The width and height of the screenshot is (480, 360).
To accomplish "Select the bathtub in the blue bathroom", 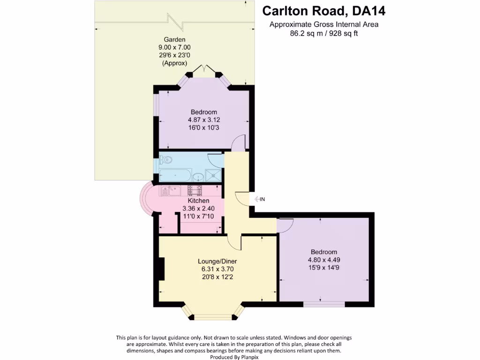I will pyautogui.click(x=175, y=176).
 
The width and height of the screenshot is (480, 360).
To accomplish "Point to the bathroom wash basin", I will pyautogui.click(x=198, y=177).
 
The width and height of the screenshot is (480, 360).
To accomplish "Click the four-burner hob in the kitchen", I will pyautogui.click(x=195, y=190).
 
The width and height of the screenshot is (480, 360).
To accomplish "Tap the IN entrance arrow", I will pyautogui.click(x=259, y=199).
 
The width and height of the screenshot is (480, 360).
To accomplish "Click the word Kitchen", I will pyautogui.click(x=198, y=201).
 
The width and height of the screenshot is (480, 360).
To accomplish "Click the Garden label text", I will pyautogui.click(x=174, y=40).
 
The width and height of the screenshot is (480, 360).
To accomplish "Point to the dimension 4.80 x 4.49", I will pyautogui.click(x=323, y=260).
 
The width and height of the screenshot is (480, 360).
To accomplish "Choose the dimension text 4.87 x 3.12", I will pyautogui.click(x=204, y=120).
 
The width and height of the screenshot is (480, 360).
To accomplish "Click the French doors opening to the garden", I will pyautogui.click(x=204, y=70).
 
